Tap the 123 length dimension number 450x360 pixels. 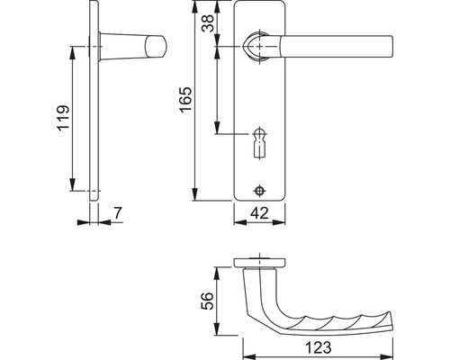(319, 347)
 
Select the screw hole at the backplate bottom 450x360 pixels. (259, 190)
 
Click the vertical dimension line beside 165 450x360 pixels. (195, 103)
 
